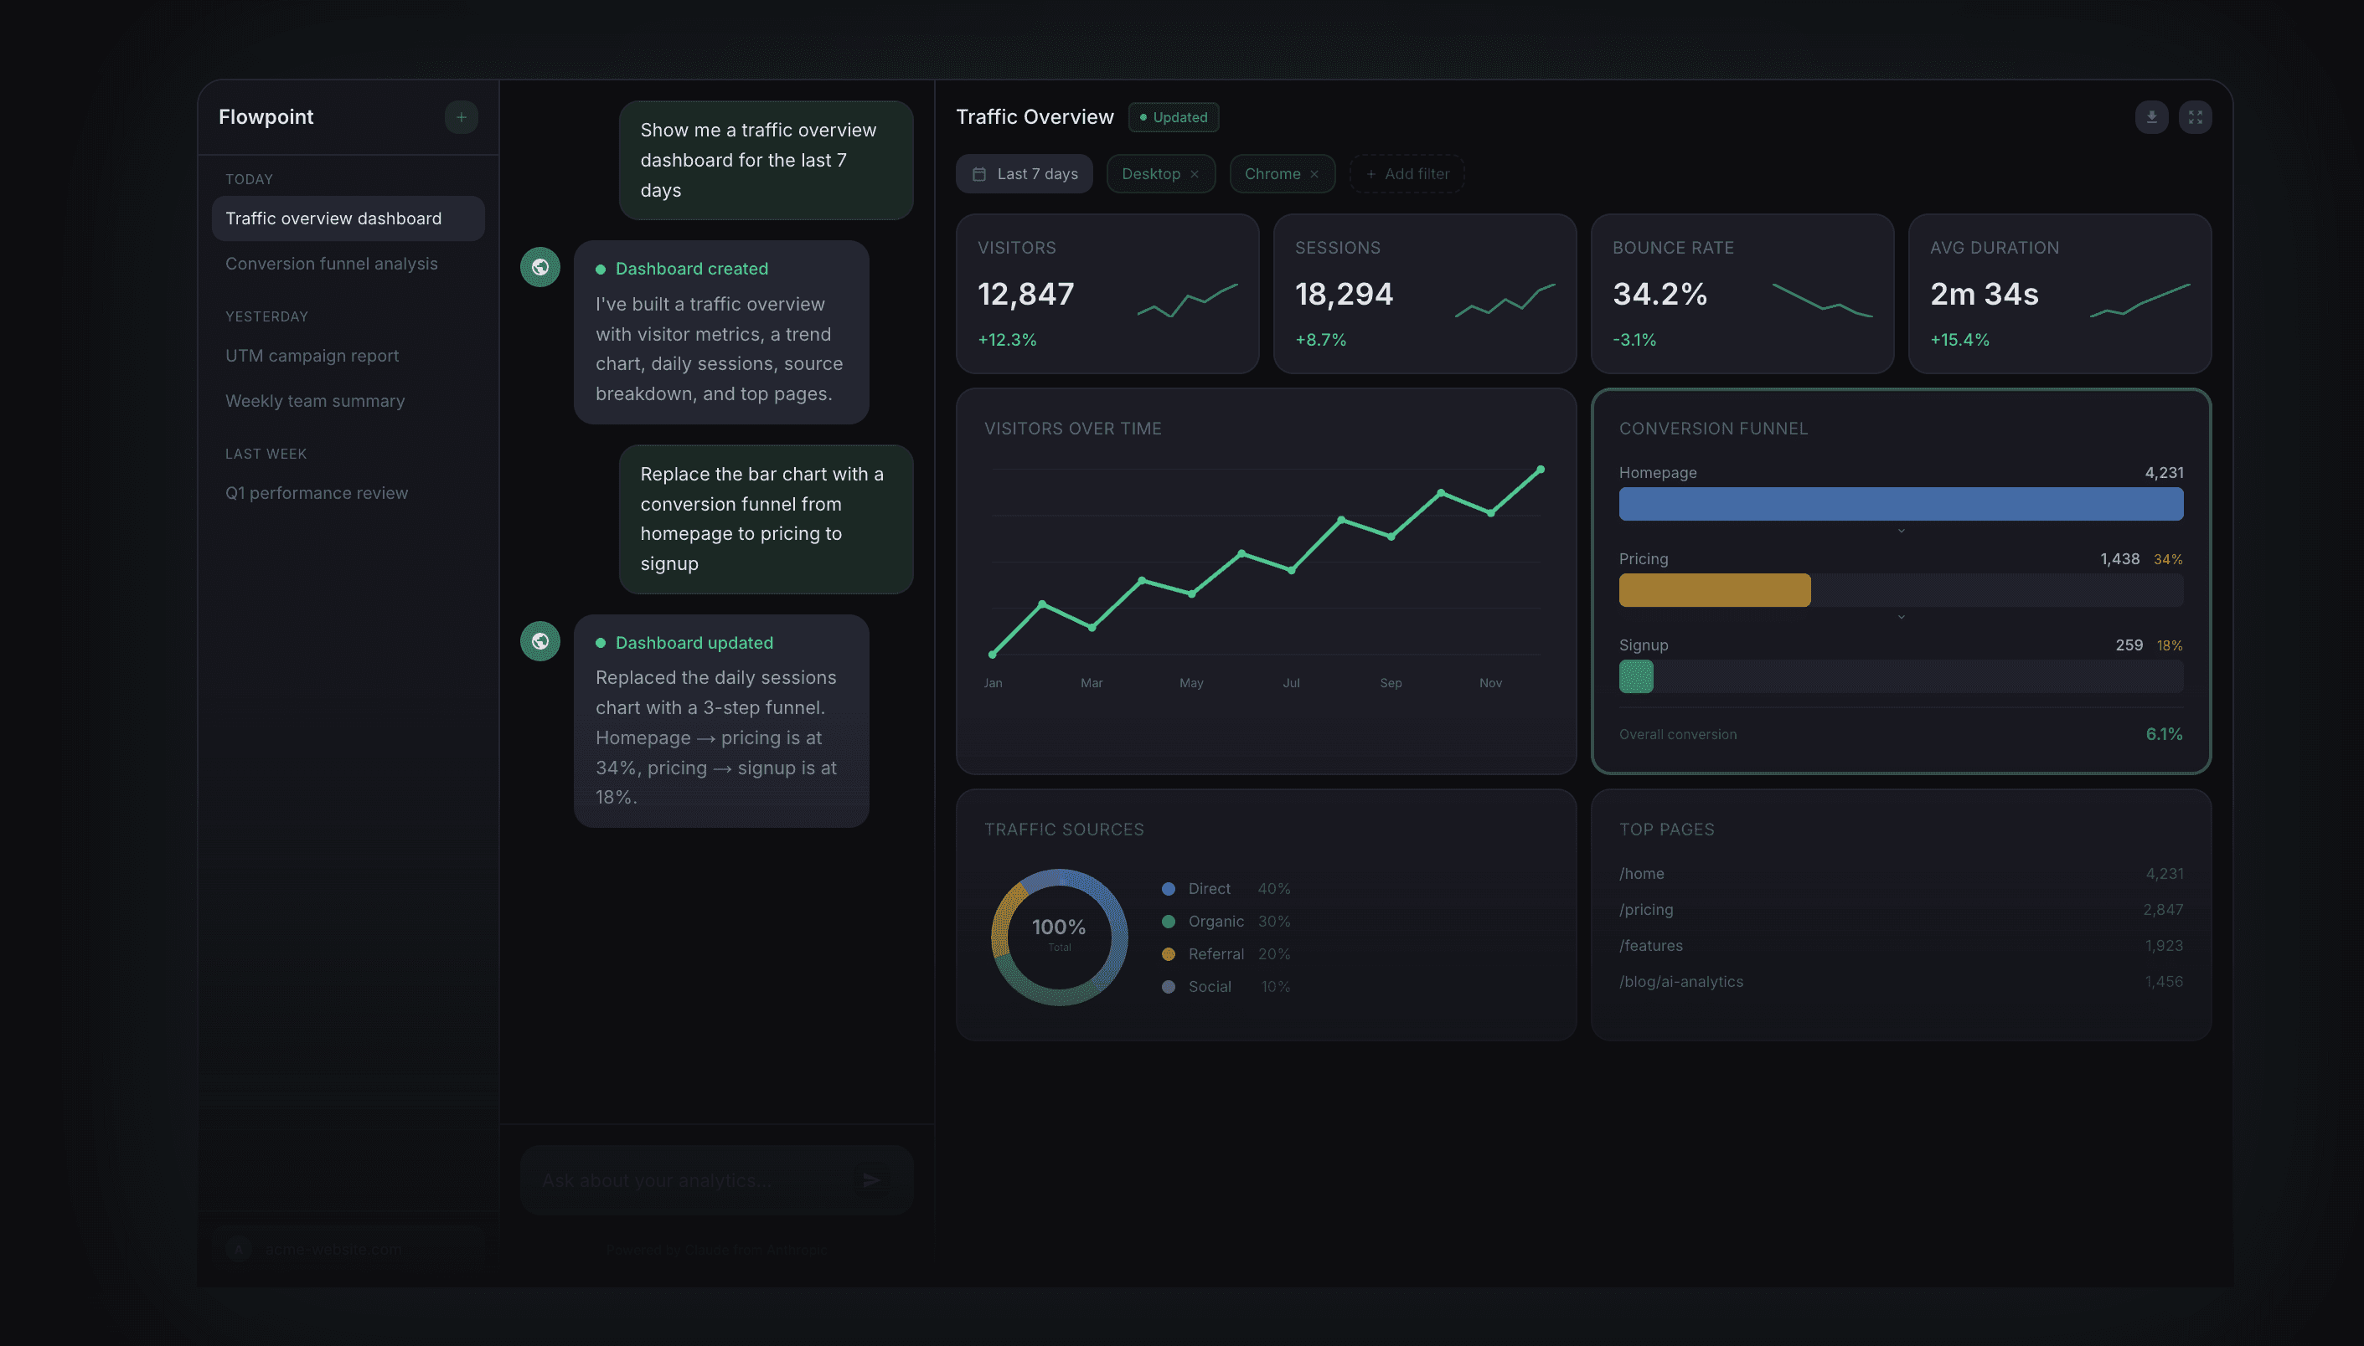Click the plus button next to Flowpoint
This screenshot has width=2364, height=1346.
(461, 117)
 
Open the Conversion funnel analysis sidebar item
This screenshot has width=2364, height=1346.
(331, 264)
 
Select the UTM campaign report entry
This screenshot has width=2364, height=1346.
(312, 356)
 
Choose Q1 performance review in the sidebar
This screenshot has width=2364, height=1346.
(317, 493)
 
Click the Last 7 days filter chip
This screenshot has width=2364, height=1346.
(1024, 174)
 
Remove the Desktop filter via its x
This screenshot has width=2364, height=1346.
(1194, 174)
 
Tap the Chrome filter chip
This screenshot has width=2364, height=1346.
(1272, 174)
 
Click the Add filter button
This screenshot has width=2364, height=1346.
(1407, 174)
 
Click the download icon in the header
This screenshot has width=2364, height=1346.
(2151, 117)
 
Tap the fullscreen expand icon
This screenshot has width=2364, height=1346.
(2195, 117)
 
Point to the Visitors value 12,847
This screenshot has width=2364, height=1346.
(1025, 294)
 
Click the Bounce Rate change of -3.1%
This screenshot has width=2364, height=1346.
(1634, 339)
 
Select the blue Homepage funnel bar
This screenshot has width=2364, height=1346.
(1901, 504)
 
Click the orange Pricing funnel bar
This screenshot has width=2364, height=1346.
(1714, 590)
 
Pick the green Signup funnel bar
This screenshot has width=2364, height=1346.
(1635, 676)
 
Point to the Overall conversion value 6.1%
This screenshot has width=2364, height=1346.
(2163, 734)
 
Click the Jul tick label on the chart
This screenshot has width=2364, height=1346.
(1291, 683)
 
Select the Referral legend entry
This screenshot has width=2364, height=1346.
(1216, 954)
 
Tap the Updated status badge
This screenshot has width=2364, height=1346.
(1173, 117)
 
